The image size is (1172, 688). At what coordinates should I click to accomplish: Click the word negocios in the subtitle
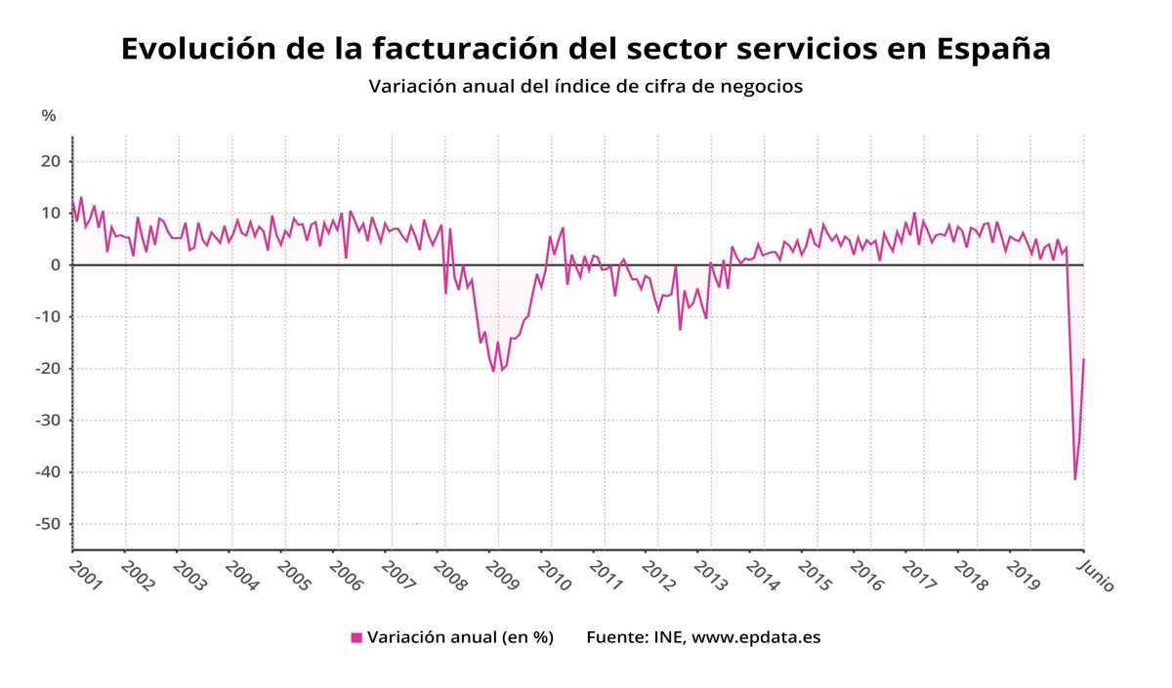pos(755,86)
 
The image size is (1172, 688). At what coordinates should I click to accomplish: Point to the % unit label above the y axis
pos(49,116)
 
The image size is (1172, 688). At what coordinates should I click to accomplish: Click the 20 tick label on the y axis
pos(51,161)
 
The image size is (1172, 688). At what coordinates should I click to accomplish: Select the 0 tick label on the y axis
pos(56,264)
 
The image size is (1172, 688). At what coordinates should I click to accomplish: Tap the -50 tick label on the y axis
pos(47,524)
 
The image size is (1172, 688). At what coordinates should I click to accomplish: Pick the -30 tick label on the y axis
pos(47,421)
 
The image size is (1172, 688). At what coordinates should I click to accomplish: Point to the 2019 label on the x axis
pos(1023,574)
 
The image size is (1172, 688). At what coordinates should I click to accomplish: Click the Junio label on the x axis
pos(1095,576)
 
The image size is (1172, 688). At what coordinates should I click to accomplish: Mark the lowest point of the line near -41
pos(1075,479)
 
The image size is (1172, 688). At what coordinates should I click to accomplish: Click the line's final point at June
pos(1084,359)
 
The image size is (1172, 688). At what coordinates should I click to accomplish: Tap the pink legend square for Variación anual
pos(356,637)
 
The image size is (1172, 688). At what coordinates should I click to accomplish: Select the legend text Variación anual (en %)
pos(460,637)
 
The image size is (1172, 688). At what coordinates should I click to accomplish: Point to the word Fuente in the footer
pos(614,637)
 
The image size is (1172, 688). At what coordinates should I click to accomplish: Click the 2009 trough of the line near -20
pos(494,371)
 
